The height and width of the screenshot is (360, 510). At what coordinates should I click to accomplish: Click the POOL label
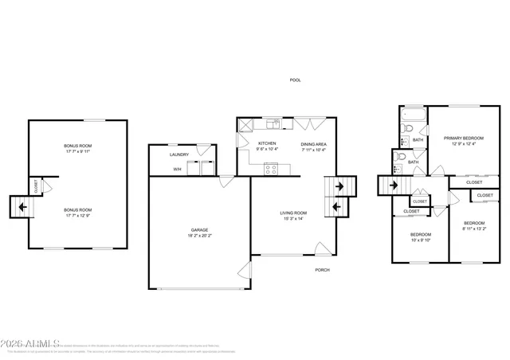tap(295, 80)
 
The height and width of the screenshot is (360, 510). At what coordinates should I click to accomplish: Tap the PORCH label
tap(322, 270)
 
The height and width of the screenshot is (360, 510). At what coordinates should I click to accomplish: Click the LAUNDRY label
tap(179, 155)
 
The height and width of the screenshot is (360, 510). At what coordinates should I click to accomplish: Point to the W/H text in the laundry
tap(177, 169)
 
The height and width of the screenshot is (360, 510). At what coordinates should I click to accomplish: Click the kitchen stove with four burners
tap(271, 168)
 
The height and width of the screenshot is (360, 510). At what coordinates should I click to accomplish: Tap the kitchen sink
tap(273, 123)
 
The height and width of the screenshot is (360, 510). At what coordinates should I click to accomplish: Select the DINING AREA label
tap(314, 143)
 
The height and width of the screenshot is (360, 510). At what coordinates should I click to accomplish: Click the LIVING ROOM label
tap(293, 213)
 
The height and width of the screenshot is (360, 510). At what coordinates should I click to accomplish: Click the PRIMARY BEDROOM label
tap(464, 137)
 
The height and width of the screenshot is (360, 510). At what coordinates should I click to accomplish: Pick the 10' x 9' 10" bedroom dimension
tap(420, 240)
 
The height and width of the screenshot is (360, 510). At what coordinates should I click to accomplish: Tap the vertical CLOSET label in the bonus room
tap(36, 186)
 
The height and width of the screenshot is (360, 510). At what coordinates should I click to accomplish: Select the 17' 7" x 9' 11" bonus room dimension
tap(78, 151)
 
